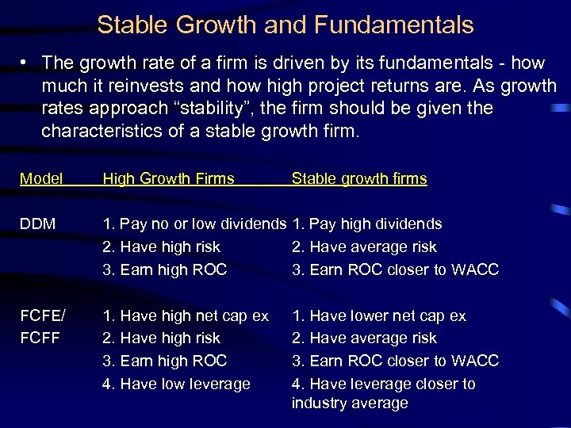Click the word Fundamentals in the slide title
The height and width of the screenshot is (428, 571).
393,25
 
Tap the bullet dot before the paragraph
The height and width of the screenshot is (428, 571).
26,63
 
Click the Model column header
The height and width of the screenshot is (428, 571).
41,178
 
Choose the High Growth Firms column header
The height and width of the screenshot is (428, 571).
169,178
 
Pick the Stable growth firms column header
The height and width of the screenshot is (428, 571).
359,178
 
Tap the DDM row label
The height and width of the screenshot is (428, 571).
38,224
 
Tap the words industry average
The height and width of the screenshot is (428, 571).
350,403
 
